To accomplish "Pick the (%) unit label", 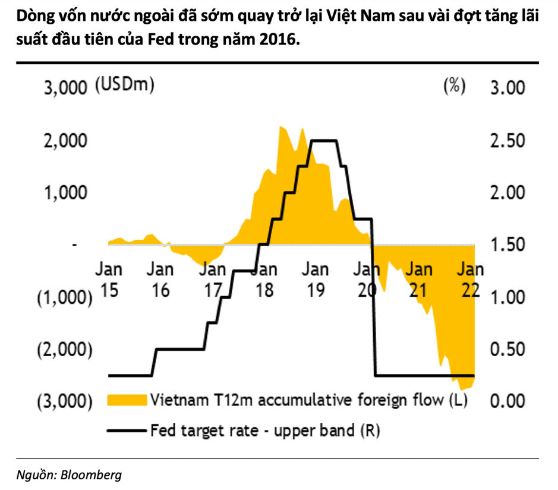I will pos(454,86).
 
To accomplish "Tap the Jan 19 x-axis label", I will pos(315,279).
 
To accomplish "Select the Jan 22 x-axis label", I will pos(469,279).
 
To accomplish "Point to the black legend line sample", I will pos(127,429).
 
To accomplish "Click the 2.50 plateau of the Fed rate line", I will pos(323,141).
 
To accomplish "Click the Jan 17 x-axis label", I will pos(212,279).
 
